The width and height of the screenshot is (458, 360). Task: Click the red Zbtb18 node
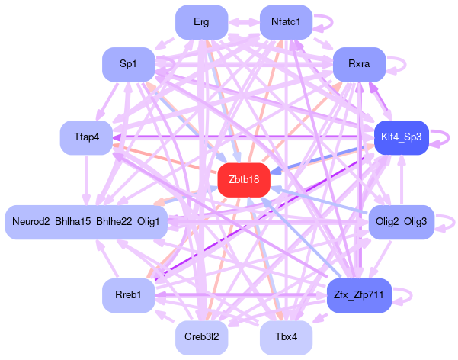pos(244,179)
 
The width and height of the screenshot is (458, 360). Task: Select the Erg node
pos(201,21)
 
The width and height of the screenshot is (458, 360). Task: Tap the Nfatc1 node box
pos(286,21)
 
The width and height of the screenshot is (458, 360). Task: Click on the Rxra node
pos(358,65)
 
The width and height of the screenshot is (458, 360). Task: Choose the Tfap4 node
pos(87,137)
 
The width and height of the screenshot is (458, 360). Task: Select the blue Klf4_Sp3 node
pos(402,137)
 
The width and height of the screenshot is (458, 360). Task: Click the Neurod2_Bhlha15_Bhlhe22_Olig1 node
pos(86,222)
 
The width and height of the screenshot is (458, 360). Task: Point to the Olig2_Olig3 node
pos(402,222)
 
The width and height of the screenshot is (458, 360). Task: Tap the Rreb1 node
pos(129,294)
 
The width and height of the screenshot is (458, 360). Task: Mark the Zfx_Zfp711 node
pos(358,294)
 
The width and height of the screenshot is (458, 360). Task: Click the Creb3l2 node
pos(201,336)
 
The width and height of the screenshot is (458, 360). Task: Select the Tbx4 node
pos(286,336)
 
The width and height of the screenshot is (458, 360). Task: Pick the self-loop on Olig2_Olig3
pos(447,222)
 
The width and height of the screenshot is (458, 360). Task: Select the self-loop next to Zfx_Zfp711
pos(405,294)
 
